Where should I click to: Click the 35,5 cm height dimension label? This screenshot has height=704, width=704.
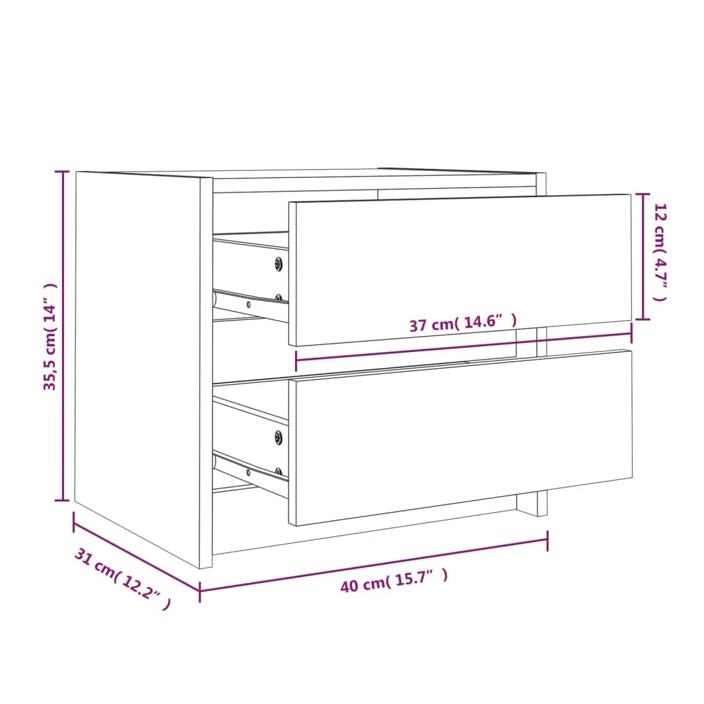click(50, 336)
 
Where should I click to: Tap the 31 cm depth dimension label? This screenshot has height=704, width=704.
click(123, 579)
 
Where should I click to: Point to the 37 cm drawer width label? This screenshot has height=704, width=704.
click(463, 323)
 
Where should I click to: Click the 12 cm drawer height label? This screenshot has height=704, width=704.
click(660, 252)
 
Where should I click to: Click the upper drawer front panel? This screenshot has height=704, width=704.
click(460, 270)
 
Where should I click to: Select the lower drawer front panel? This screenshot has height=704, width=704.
click(461, 437)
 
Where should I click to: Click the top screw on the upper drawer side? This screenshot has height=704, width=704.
click(279, 264)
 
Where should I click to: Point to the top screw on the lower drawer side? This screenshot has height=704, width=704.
click(279, 437)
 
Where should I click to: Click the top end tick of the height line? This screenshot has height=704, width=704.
click(62, 172)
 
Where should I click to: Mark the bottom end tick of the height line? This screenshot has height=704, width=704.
click(62, 500)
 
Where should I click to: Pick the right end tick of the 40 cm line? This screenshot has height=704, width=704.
click(547, 541)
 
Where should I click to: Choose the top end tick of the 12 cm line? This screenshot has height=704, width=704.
click(643, 195)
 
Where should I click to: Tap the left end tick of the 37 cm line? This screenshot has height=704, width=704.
click(296, 361)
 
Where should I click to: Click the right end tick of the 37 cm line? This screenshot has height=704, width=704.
click(631, 333)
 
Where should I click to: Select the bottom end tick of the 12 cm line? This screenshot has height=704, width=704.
click(643, 319)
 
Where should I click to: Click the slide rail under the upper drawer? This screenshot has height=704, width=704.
click(250, 306)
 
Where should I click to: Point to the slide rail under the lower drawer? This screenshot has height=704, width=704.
click(250, 475)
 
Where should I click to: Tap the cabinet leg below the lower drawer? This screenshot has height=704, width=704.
click(532, 504)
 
